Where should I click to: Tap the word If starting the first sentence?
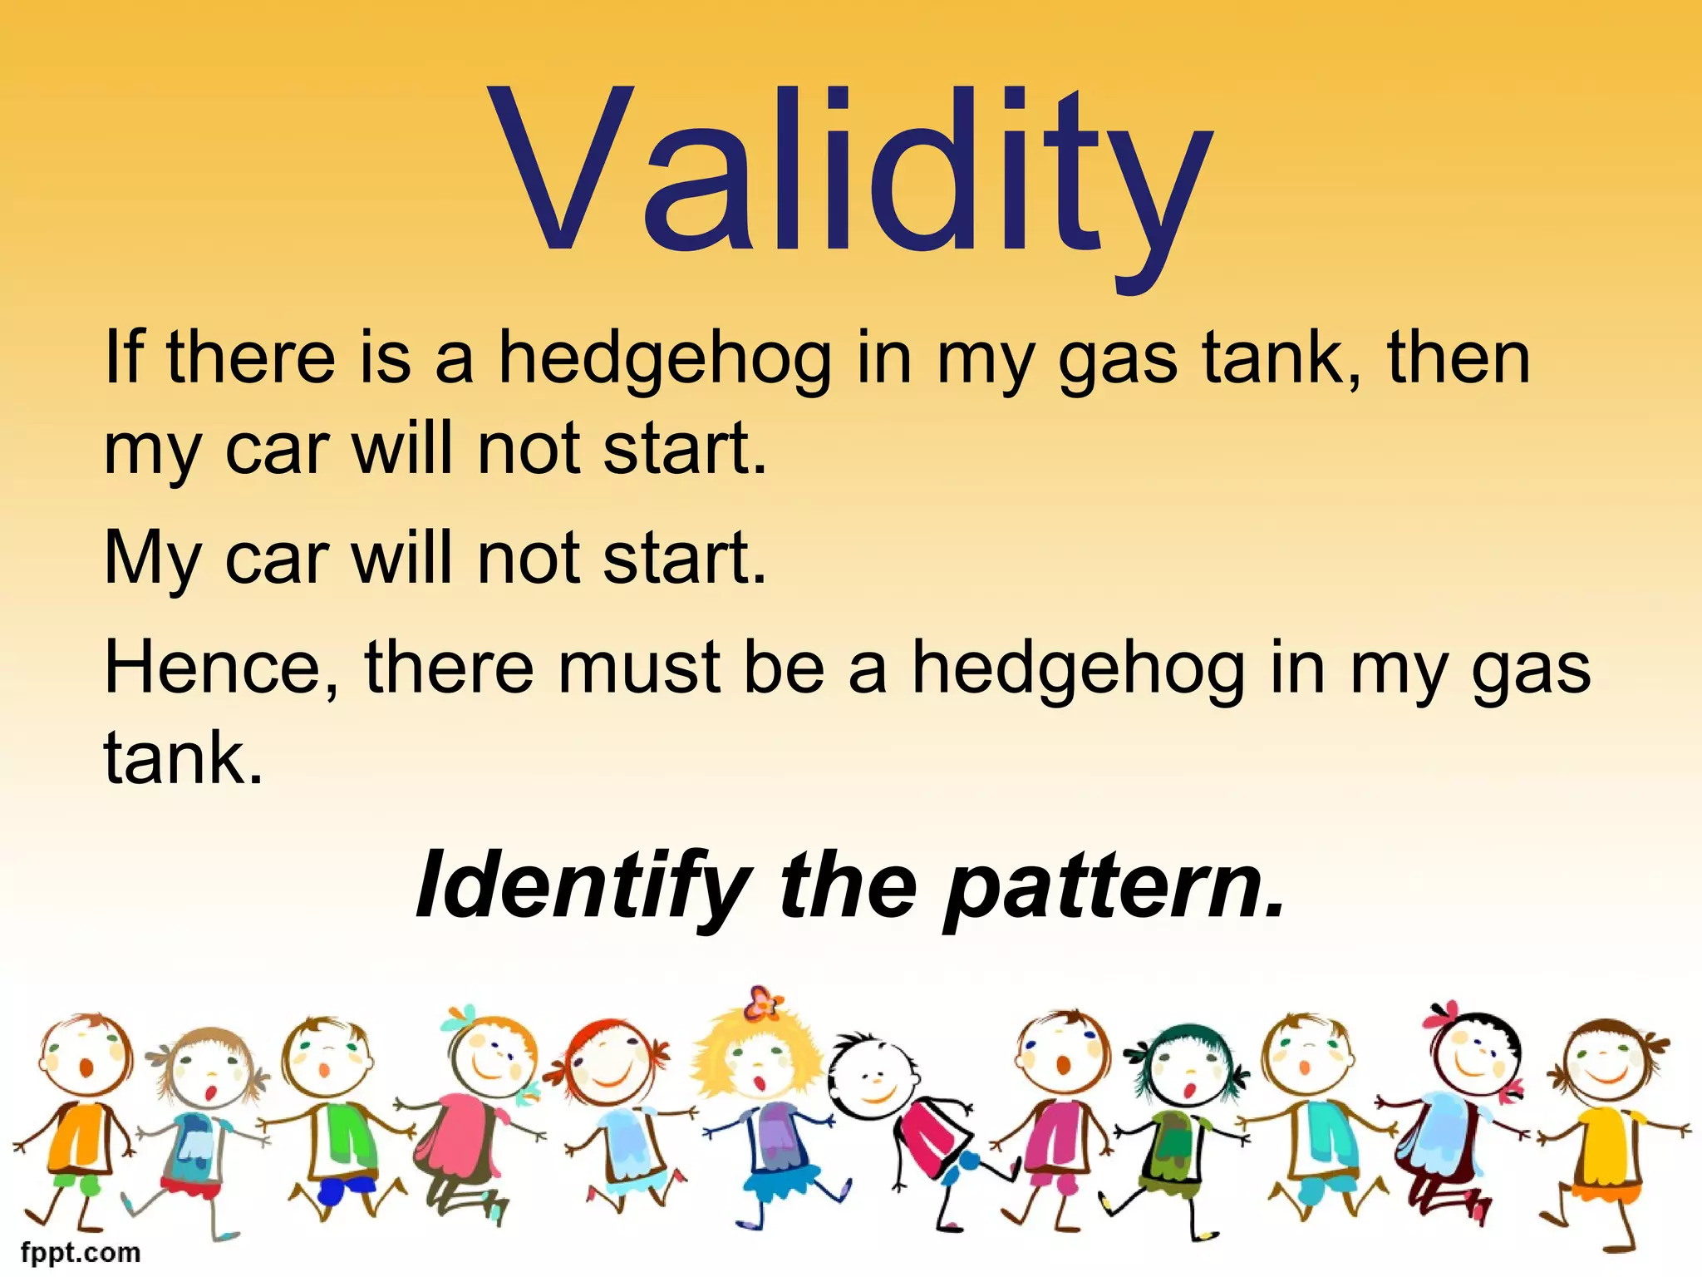tap(125, 357)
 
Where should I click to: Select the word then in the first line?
tap(1459, 357)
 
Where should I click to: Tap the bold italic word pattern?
tap(1114, 890)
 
